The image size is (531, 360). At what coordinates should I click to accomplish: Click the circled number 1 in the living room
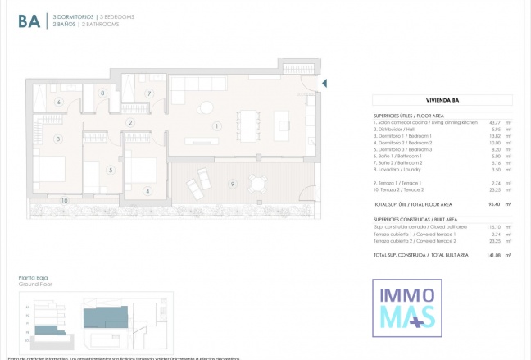pos(216,126)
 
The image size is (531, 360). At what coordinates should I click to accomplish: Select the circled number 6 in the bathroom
pos(58,102)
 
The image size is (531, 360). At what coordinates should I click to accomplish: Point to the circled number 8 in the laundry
pos(102,93)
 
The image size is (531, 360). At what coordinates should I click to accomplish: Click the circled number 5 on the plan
pos(110,171)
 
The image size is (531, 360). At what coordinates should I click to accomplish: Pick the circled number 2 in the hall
pos(130,123)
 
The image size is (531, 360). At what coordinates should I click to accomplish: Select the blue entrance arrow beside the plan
pos(324,83)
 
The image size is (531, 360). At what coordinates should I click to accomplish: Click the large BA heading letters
pos(30,21)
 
